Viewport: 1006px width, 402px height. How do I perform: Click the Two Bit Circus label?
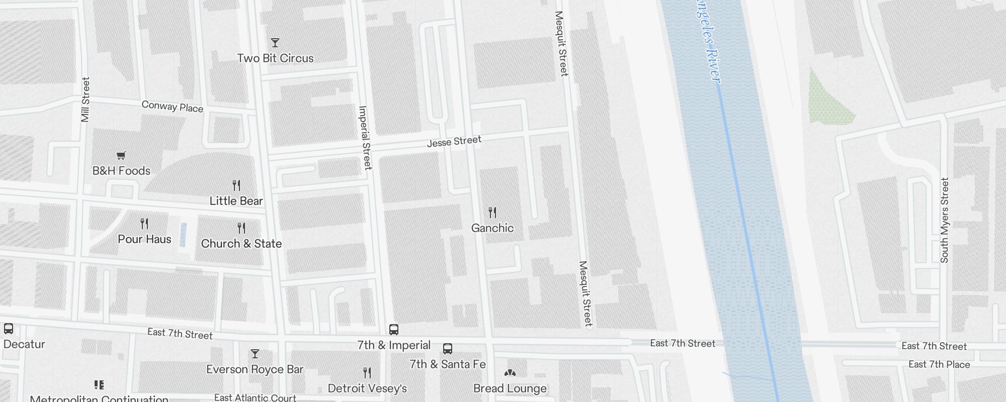pyautogui.click(x=275, y=58)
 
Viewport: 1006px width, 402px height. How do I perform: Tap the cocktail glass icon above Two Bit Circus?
pyautogui.click(x=275, y=43)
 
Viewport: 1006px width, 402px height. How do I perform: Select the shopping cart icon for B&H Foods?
pyautogui.click(x=121, y=155)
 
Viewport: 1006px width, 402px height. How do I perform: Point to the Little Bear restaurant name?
pyautogui.click(x=236, y=201)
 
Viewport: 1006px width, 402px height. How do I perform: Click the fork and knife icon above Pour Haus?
pyautogui.click(x=144, y=223)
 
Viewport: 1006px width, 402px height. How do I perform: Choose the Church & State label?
pyautogui.click(x=241, y=244)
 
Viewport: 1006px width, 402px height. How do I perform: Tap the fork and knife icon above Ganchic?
pyautogui.click(x=492, y=213)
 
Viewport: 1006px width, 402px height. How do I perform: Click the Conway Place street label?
pyautogui.click(x=173, y=107)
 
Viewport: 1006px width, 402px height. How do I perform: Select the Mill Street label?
pyautogui.click(x=85, y=99)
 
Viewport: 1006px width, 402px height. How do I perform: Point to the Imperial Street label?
pyautogui.click(x=365, y=138)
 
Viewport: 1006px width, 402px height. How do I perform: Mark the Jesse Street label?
pyautogui.click(x=454, y=141)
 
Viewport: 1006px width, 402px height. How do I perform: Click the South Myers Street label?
pyautogui.click(x=945, y=220)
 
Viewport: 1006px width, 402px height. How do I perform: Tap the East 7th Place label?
pyautogui.click(x=939, y=364)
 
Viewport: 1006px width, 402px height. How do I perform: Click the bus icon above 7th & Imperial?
pyautogui.click(x=394, y=330)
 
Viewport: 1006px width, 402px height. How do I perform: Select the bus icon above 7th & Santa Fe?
pyautogui.click(x=447, y=349)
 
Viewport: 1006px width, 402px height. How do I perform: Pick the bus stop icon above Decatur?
pyautogui.click(x=9, y=329)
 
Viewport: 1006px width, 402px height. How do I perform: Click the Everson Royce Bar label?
pyautogui.click(x=255, y=369)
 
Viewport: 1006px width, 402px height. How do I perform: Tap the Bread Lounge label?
pyautogui.click(x=510, y=388)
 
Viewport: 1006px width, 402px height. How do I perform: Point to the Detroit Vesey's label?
pyautogui.click(x=367, y=388)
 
